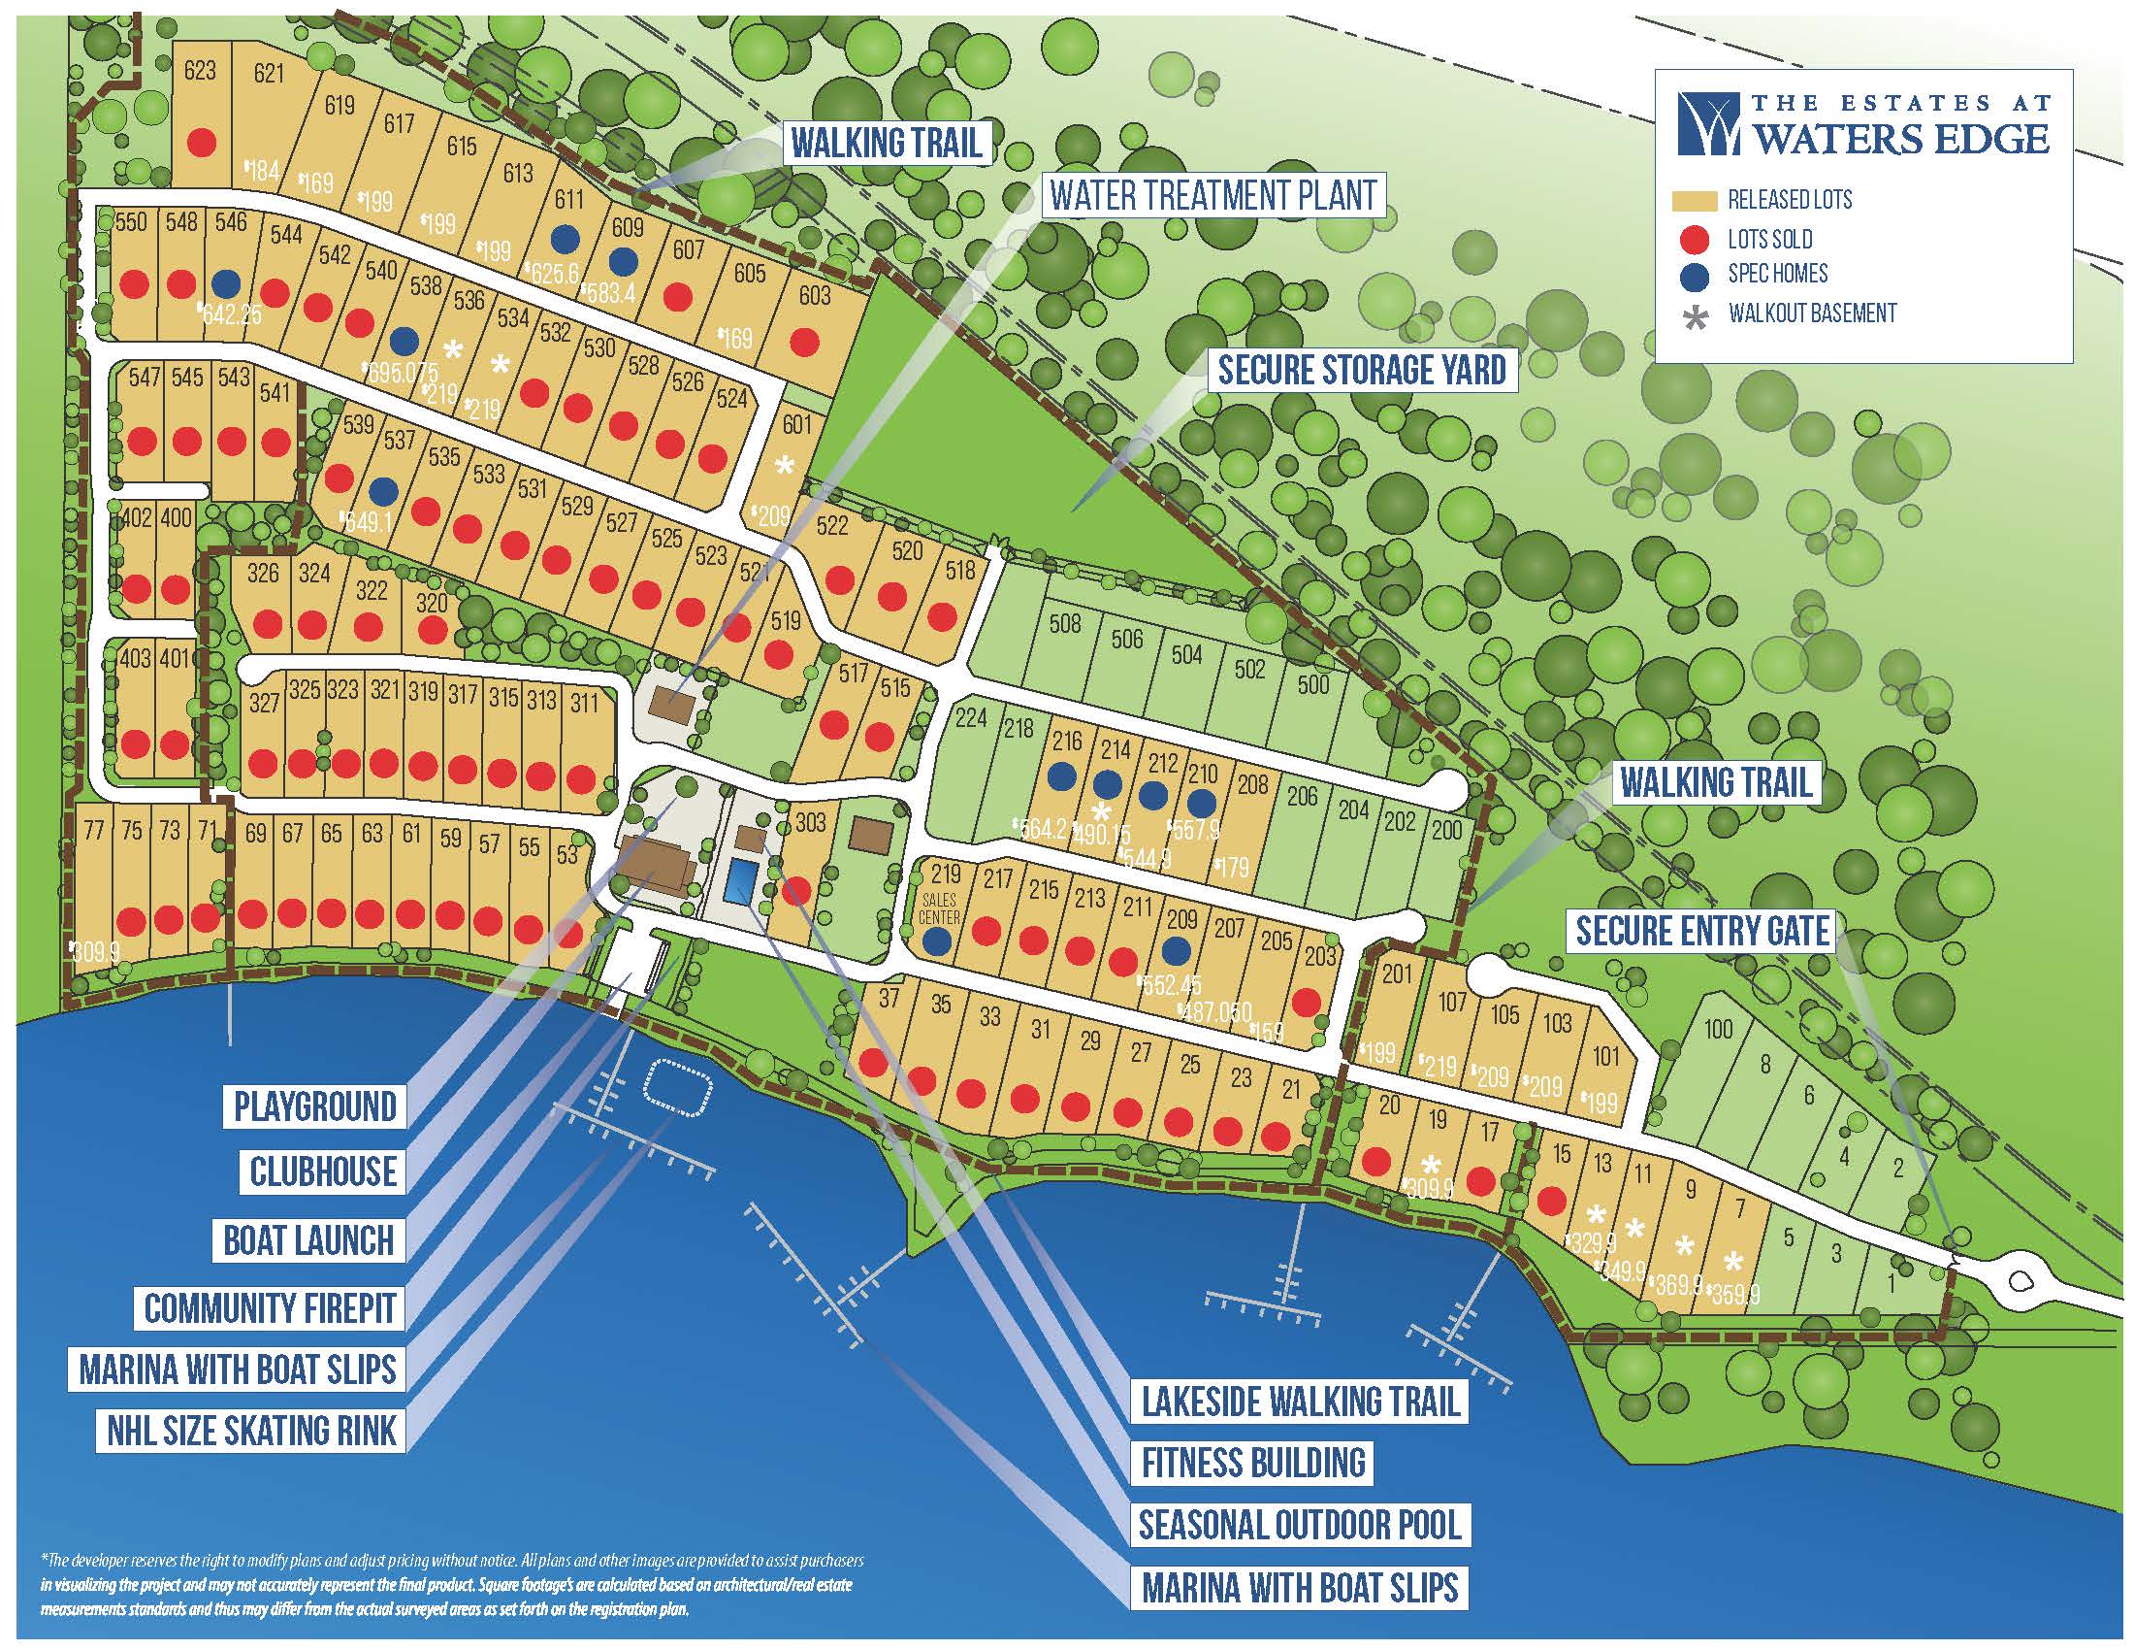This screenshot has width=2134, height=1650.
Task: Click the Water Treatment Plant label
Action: pyautogui.click(x=1212, y=195)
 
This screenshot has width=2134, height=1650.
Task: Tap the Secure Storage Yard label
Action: pyautogui.click(x=1362, y=370)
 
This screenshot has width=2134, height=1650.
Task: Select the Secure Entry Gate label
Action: pyautogui.click(x=1702, y=930)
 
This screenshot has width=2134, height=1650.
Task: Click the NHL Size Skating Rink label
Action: pyautogui.click(x=252, y=1430)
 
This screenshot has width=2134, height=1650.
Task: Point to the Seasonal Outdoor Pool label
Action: pyautogui.click(x=1300, y=1524)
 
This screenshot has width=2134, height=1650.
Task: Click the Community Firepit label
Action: pyautogui.click(x=270, y=1307)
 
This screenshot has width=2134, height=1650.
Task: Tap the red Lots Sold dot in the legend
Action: pyautogui.click(x=1697, y=239)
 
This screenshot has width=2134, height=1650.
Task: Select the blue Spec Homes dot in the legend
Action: pyautogui.click(x=1697, y=276)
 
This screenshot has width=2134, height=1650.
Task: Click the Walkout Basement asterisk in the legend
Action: pyautogui.click(x=1697, y=315)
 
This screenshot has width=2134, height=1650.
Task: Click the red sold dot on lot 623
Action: pyautogui.click(x=202, y=143)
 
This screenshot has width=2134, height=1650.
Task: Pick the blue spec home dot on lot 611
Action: pyautogui.click(x=564, y=237)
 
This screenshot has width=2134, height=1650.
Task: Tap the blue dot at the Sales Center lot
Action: pyautogui.click(x=937, y=940)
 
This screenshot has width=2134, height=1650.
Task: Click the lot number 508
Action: pyautogui.click(x=1064, y=622)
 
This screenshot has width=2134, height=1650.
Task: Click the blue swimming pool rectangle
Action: pyautogui.click(x=740, y=882)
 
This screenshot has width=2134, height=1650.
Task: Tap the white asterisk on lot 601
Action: pyautogui.click(x=784, y=466)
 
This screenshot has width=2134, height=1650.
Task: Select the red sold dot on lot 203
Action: pyautogui.click(x=1305, y=1001)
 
